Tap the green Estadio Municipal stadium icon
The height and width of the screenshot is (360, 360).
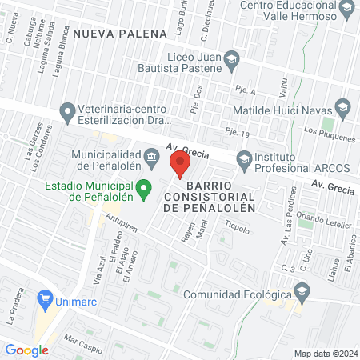click(144, 190)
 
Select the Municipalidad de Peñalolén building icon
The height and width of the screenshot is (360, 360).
click(152, 154)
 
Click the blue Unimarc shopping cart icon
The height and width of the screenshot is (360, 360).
click(45, 301)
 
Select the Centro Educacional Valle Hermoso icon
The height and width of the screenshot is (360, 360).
click(346, 10)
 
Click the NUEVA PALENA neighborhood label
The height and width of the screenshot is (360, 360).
click(119, 34)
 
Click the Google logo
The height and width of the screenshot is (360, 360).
click(27, 350)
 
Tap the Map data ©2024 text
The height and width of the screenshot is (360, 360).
click(324, 354)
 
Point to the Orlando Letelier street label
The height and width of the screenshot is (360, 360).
click(324, 219)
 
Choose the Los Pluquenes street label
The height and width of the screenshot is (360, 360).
click(330, 133)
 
